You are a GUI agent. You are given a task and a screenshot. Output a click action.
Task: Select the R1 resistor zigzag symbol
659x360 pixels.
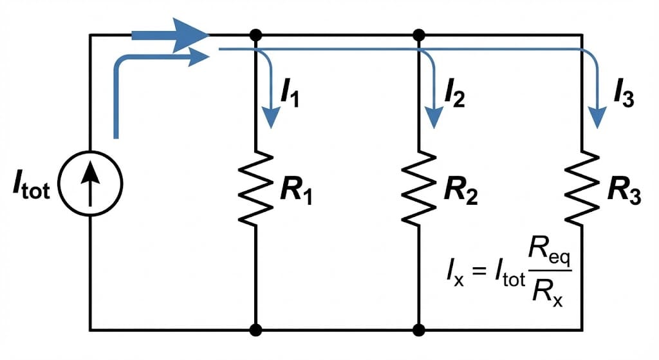click(x=257, y=188)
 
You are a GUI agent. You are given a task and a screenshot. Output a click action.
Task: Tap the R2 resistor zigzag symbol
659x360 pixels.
click(x=419, y=188)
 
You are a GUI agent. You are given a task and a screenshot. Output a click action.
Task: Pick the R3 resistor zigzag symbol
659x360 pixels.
click(x=582, y=188)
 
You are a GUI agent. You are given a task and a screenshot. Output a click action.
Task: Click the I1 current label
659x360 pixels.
click(x=289, y=95)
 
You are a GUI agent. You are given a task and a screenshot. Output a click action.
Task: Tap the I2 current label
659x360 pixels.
click(x=454, y=95)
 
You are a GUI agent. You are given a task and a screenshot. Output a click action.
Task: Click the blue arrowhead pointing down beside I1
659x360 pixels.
click(x=272, y=117)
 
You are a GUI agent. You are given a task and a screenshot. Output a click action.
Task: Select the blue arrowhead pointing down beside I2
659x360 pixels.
click(x=436, y=117)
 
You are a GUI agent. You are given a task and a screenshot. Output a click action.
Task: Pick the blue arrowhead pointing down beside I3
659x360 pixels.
click(x=599, y=117)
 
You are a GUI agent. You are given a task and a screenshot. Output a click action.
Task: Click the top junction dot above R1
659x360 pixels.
click(x=257, y=33)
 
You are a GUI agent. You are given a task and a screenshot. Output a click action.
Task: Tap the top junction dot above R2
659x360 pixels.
click(x=419, y=33)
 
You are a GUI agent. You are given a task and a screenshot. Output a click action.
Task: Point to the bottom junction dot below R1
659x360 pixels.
click(x=257, y=330)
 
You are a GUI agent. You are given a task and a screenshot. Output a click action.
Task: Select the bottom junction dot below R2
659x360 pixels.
click(x=419, y=330)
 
